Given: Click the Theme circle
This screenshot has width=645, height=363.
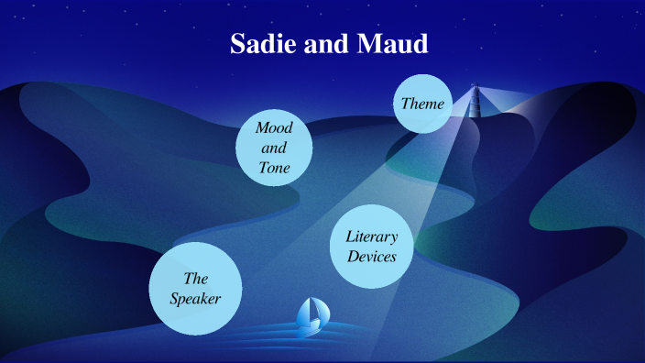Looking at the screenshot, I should [422, 104].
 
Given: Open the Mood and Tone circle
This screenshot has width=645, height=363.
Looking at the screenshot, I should [275, 148].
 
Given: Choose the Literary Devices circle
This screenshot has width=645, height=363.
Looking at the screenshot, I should [370, 247].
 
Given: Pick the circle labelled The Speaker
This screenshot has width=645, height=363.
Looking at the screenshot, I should [195, 288].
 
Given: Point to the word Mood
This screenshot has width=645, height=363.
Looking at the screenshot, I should [274, 127].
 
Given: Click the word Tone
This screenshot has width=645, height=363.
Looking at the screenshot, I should [274, 168].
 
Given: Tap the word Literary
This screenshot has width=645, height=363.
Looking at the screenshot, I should [371, 236].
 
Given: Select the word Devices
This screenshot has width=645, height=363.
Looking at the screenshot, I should [371, 258].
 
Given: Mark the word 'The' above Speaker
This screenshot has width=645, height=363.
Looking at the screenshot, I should [196, 278].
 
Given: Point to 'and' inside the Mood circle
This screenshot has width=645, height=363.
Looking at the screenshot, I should [274, 148].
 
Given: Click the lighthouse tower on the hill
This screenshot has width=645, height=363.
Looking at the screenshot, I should [475, 105].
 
